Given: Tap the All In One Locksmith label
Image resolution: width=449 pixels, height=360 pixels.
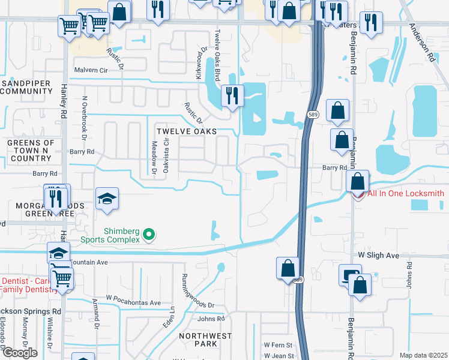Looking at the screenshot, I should click(405, 193).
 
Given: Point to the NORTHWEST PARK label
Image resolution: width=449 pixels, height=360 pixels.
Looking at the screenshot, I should click(205, 340).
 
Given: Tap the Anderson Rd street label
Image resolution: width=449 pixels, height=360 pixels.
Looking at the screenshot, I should click(422, 43).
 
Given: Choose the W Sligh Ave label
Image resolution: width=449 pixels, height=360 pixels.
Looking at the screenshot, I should click(378, 256).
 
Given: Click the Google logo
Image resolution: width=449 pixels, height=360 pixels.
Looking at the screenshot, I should click(20, 352).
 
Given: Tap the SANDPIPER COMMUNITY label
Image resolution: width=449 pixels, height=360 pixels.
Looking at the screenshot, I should click(26, 87).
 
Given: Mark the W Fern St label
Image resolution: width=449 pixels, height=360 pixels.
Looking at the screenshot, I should click(278, 345).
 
